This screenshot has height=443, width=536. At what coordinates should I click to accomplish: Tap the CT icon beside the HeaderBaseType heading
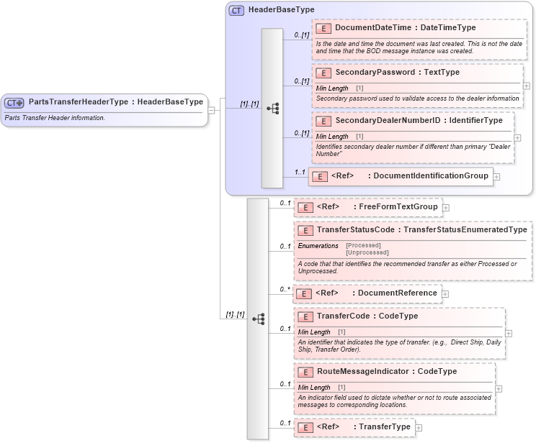[x=236, y=10]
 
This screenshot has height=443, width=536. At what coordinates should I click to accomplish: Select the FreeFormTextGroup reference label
[x=398, y=207]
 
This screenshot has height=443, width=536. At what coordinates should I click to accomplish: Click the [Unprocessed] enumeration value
[x=367, y=252]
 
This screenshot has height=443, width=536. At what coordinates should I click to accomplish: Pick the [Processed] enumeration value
[x=363, y=245]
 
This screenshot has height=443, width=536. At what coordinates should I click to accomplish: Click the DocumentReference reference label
[x=398, y=293]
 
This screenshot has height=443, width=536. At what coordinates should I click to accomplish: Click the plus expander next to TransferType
[x=419, y=427]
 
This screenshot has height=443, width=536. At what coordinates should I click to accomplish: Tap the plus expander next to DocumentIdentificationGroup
[x=496, y=176]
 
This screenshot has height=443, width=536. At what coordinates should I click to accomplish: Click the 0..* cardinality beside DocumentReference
[x=285, y=289]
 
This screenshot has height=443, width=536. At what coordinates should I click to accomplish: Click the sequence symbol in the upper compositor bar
[x=272, y=108]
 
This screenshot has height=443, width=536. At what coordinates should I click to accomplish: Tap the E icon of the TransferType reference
[x=304, y=427]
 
